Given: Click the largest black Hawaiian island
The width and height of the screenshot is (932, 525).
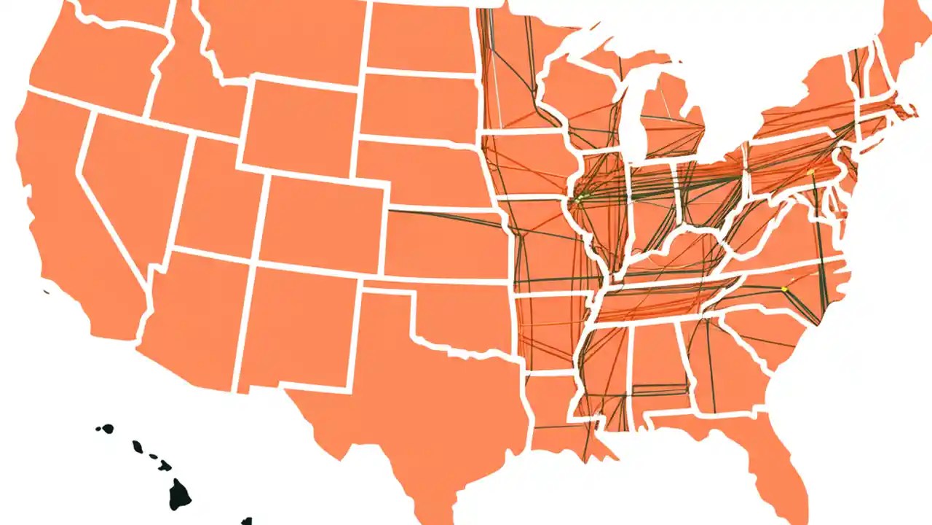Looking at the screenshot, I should click(180, 494).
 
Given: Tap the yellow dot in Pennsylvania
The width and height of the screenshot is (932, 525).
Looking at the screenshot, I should click(810, 172).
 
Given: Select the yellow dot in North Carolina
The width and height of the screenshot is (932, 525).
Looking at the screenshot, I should click(784, 289).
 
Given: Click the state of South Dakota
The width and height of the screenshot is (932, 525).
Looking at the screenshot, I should click(419, 106).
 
